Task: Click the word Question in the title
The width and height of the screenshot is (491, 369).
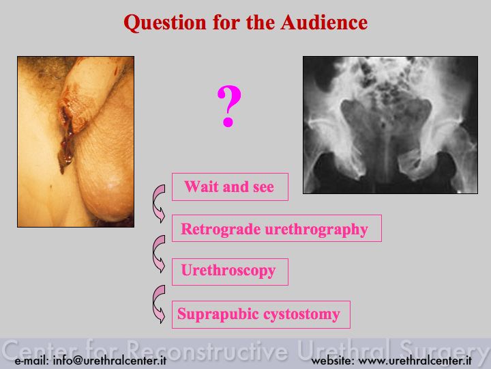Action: point(165,23)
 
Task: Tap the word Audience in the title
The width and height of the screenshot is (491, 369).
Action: point(324,23)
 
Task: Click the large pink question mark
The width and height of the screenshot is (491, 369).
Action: point(229,107)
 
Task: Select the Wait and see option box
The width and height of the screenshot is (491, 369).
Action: point(230,187)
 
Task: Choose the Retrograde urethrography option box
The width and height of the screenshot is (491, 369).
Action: point(276,228)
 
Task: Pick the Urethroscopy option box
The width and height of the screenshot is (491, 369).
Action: point(230,272)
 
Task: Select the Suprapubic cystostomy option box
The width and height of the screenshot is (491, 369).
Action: point(261,314)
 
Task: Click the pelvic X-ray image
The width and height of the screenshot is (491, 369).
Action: point(390,125)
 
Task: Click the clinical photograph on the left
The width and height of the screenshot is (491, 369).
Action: point(76,141)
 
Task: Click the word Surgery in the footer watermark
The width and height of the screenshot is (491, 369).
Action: point(442,351)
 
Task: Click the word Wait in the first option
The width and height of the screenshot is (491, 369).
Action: point(201,187)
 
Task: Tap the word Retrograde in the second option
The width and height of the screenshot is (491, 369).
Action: point(221,230)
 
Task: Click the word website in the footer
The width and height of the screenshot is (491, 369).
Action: point(331,361)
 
